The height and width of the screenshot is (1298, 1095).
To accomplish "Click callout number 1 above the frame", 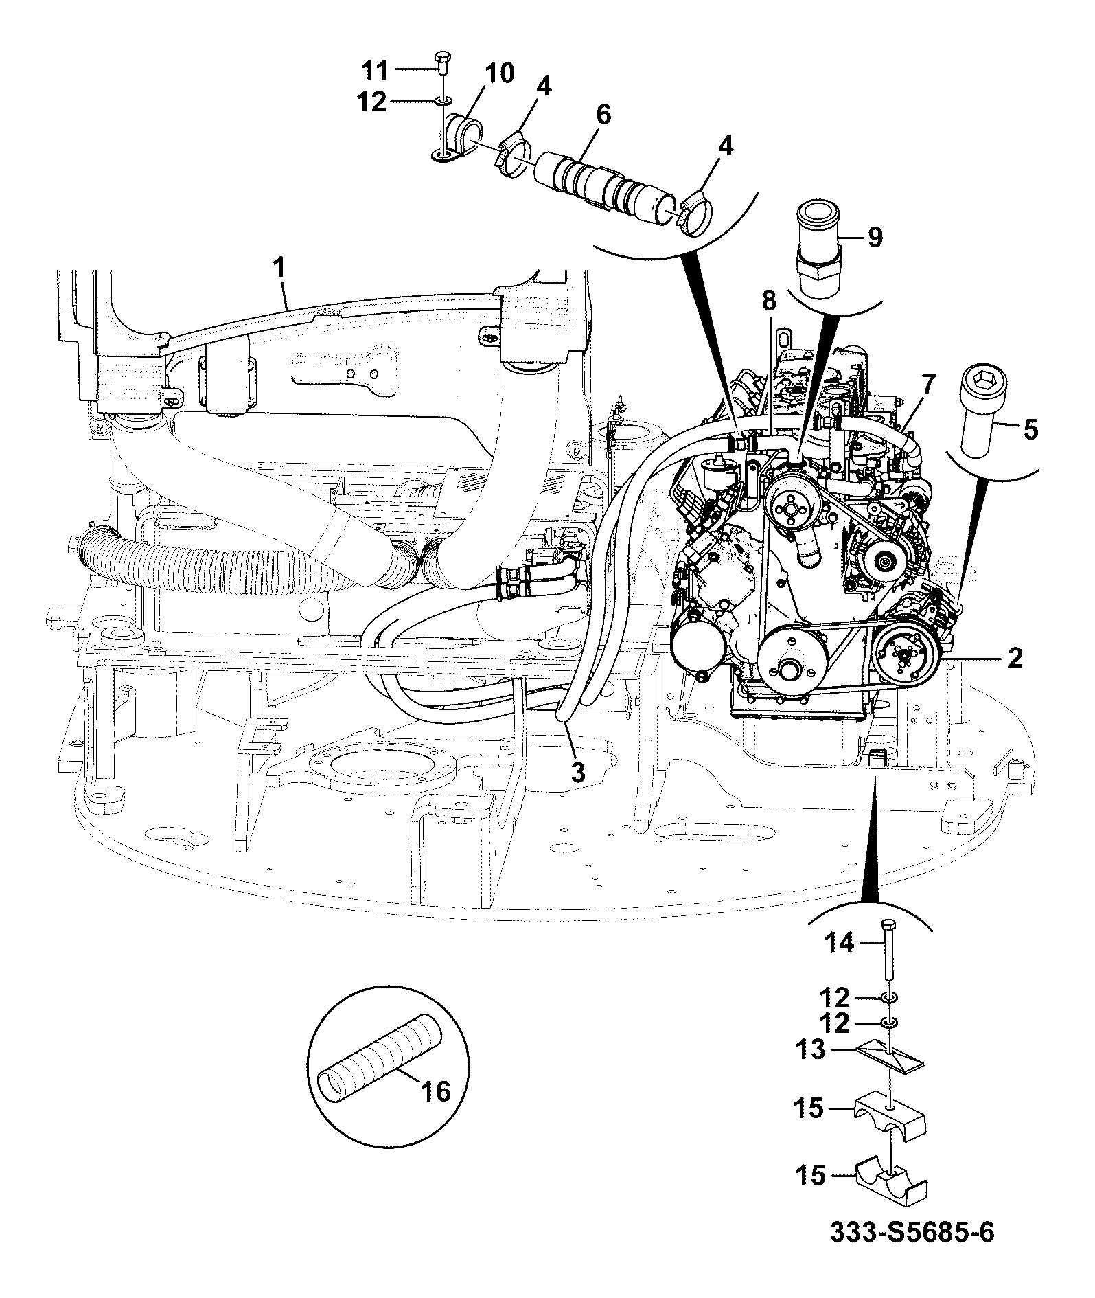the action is (x=280, y=268).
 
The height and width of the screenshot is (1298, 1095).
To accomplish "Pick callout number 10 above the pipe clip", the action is (x=499, y=72).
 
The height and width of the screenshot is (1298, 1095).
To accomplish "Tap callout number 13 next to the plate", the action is (x=811, y=1049).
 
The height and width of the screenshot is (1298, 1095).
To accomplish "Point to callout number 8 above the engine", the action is (x=768, y=300).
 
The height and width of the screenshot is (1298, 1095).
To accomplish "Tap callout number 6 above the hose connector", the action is (x=603, y=114).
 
